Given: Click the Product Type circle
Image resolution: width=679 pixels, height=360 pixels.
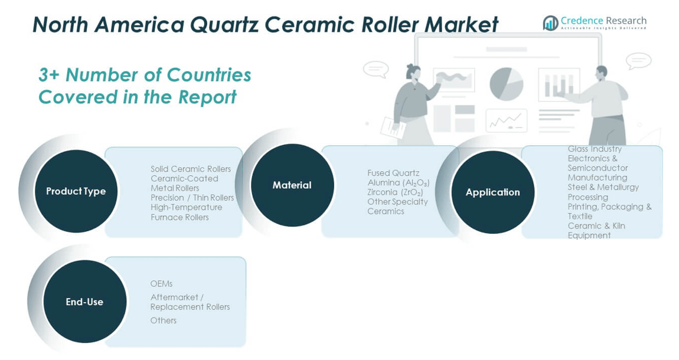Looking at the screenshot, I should (76, 191).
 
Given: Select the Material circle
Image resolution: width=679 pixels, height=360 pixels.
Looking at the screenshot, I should (292, 185).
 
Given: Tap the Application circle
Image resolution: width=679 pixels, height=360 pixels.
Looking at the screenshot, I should (492, 192).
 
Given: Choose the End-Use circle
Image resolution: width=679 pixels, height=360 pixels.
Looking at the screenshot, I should (84, 302).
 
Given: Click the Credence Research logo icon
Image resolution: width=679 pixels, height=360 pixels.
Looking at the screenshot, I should (550, 23).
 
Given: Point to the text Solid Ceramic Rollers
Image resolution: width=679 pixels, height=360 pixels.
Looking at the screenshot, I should (190, 169).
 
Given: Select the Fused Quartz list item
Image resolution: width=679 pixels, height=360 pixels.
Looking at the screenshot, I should (393, 173).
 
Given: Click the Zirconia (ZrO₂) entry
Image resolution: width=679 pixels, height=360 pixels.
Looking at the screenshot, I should (395, 192).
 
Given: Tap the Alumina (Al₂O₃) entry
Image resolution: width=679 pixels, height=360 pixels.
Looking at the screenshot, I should (398, 183).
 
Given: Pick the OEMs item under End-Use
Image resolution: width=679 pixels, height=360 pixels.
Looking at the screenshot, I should (161, 284).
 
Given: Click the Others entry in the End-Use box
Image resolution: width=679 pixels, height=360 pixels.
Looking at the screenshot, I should (163, 320).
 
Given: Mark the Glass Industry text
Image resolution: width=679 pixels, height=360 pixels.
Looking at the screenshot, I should (595, 149).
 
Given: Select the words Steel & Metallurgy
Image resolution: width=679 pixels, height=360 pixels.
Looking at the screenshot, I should (603, 187).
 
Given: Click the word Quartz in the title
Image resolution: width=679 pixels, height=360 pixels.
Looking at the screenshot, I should (223, 25).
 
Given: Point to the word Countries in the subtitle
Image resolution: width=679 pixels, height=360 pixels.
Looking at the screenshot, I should (209, 75).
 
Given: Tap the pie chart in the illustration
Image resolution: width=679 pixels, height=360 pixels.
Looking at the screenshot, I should (506, 83).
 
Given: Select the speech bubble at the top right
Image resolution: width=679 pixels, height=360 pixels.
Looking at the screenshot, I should (638, 60).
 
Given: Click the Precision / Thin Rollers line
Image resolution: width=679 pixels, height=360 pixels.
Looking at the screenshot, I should (192, 198).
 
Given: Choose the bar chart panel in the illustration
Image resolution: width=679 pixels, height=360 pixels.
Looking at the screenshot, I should (558, 86).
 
